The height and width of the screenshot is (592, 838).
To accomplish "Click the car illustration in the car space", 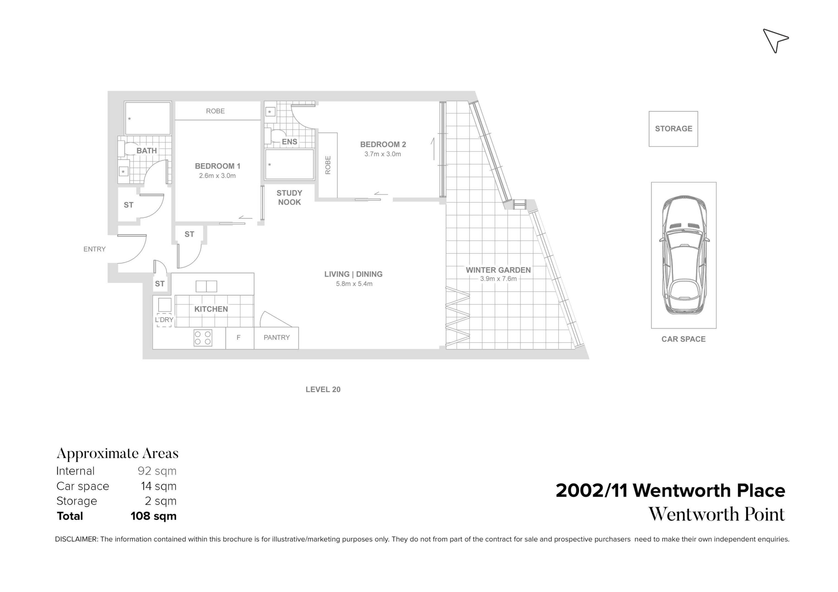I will coord(684,255).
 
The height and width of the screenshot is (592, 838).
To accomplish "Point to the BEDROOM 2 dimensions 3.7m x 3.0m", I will coord(382,154).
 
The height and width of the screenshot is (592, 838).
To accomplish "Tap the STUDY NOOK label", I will coord(289,198).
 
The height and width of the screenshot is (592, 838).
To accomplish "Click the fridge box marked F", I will coord(239,338).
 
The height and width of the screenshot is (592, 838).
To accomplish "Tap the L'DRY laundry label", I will coord(164,320).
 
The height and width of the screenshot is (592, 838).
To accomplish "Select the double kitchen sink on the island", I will coord(206,286).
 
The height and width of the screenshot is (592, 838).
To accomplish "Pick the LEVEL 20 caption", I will coord(323,390).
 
